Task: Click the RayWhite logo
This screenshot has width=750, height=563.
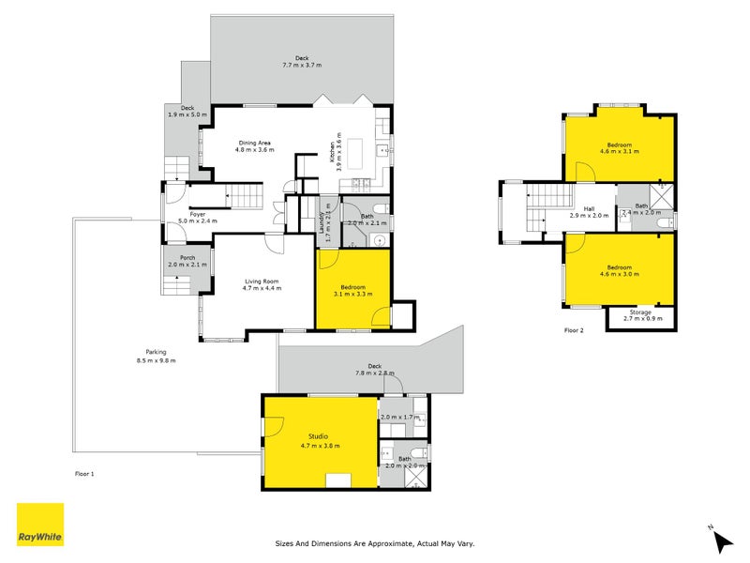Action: tap(40, 525)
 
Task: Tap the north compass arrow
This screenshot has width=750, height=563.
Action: tap(722, 540)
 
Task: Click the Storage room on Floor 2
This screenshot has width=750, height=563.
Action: tap(640, 314)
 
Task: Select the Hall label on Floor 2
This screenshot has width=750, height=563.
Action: tap(589, 208)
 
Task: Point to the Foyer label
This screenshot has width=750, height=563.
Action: tap(197, 213)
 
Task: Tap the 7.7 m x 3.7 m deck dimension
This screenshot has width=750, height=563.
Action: tap(302, 66)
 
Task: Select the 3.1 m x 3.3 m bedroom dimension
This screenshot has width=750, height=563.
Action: tap(352, 294)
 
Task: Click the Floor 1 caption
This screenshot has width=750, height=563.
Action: tap(84, 474)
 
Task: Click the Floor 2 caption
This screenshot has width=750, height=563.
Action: tap(574, 330)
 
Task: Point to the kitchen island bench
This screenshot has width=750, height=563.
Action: tap(357, 149)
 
